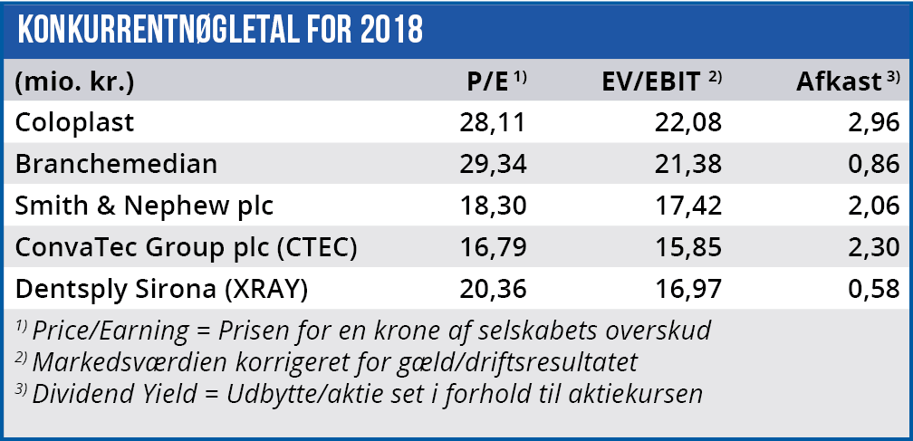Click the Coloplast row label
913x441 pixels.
(74, 122)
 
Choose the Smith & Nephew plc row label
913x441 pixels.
(144, 206)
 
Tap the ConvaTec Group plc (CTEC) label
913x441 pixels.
(185, 247)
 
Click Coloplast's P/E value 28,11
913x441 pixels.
(492, 122)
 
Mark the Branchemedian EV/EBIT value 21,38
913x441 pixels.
(688, 164)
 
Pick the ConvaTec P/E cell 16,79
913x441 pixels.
(492, 247)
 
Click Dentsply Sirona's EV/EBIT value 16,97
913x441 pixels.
(688, 290)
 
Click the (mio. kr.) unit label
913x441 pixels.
(75, 81)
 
